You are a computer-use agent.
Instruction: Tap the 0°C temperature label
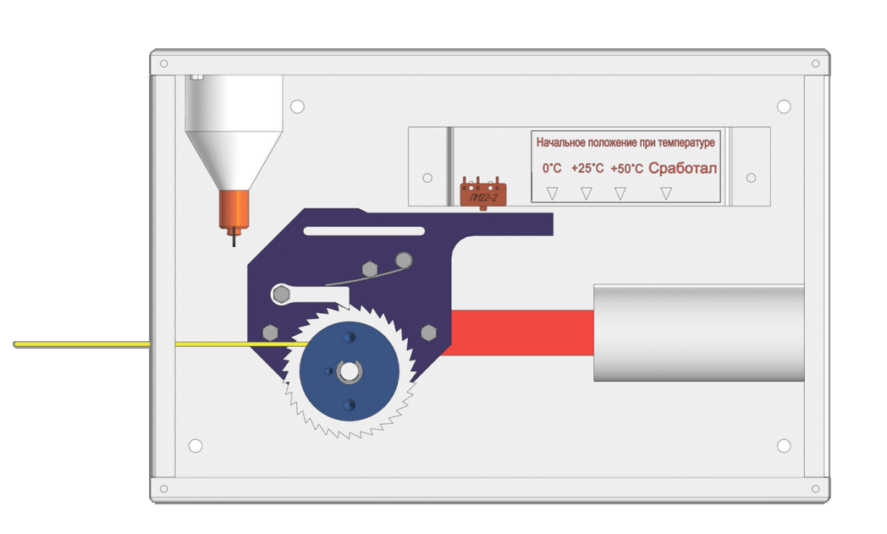tap(552, 168)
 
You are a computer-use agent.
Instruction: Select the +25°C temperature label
tap(587, 168)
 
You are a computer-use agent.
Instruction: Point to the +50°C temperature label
tap(627, 168)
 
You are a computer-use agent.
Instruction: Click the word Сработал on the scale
tap(683, 168)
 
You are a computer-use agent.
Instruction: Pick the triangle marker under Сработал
tap(666, 194)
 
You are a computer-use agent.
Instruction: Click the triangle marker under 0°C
tap(552, 194)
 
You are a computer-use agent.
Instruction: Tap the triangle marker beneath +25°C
tap(587, 194)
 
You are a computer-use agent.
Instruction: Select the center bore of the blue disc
tap(349, 372)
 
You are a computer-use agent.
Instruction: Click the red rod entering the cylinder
tap(520, 333)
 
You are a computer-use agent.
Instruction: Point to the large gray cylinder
tap(698, 333)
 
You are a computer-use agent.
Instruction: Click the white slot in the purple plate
tap(364, 231)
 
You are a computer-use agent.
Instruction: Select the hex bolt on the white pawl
tap(281, 295)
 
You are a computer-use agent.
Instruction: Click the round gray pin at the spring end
tap(404, 260)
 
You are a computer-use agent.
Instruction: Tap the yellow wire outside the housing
tap(82, 344)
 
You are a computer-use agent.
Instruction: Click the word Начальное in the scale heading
tap(560, 142)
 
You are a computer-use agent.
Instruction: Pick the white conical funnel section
tap(234, 161)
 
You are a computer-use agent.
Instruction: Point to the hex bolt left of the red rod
tap(429, 333)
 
